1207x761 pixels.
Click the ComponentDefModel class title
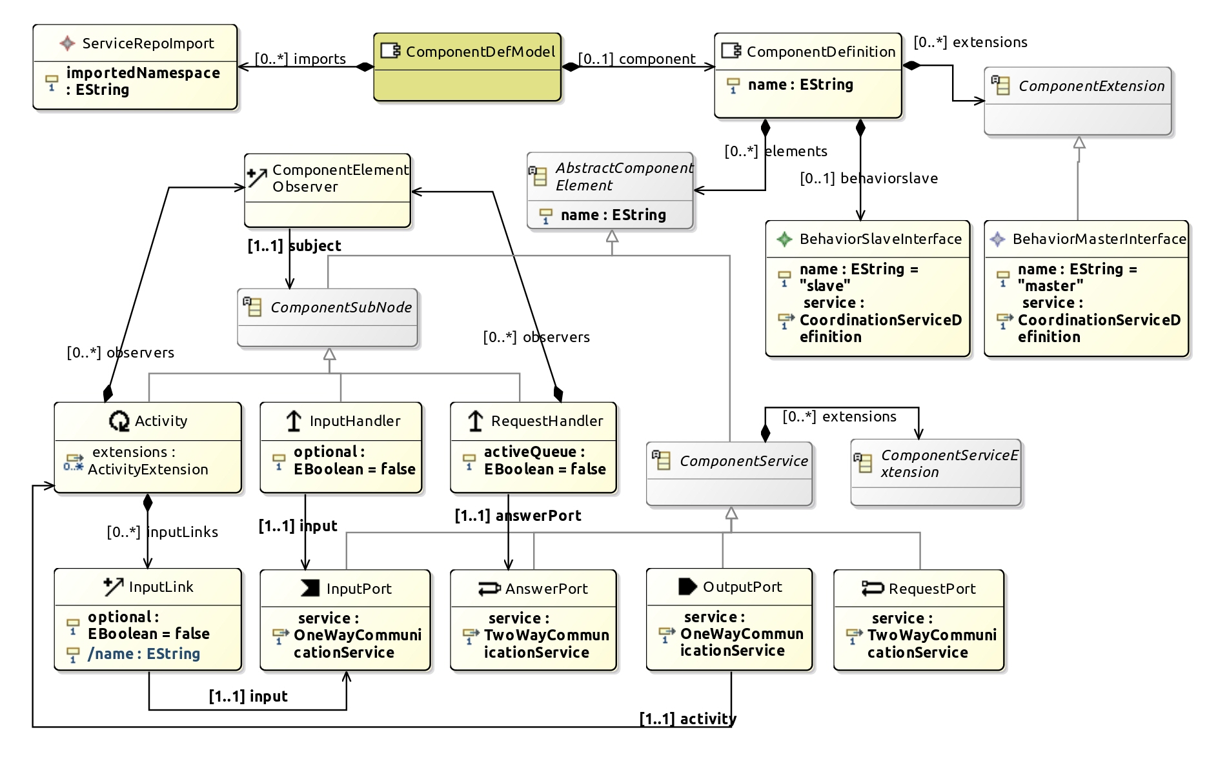click(480, 52)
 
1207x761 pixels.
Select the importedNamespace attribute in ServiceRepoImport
click(143, 81)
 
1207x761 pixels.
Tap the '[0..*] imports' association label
click(300, 59)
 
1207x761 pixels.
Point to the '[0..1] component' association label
click(636, 59)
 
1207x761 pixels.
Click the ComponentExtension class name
click(1091, 86)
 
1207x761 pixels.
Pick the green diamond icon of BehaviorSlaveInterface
click(784, 239)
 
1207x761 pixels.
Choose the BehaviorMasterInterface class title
click(1099, 239)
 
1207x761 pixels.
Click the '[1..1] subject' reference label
click(294, 246)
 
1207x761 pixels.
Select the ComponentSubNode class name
click(341, 307)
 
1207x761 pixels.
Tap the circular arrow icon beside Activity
click(119, 421)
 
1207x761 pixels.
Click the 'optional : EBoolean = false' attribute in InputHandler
click(354, 460)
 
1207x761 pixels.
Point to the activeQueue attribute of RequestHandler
click(544, 460)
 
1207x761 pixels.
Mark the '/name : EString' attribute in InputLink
click(143, 654)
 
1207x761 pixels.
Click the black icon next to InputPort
click(310, 588)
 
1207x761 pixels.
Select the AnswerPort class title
click(546, 589)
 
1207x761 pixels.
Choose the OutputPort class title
click(742, 587)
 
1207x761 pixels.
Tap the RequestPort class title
click(931, 589)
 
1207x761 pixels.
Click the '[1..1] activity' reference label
click(687, 719)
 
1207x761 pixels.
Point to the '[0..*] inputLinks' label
click(162, 532)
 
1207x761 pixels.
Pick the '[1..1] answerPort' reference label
click(518, 516)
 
